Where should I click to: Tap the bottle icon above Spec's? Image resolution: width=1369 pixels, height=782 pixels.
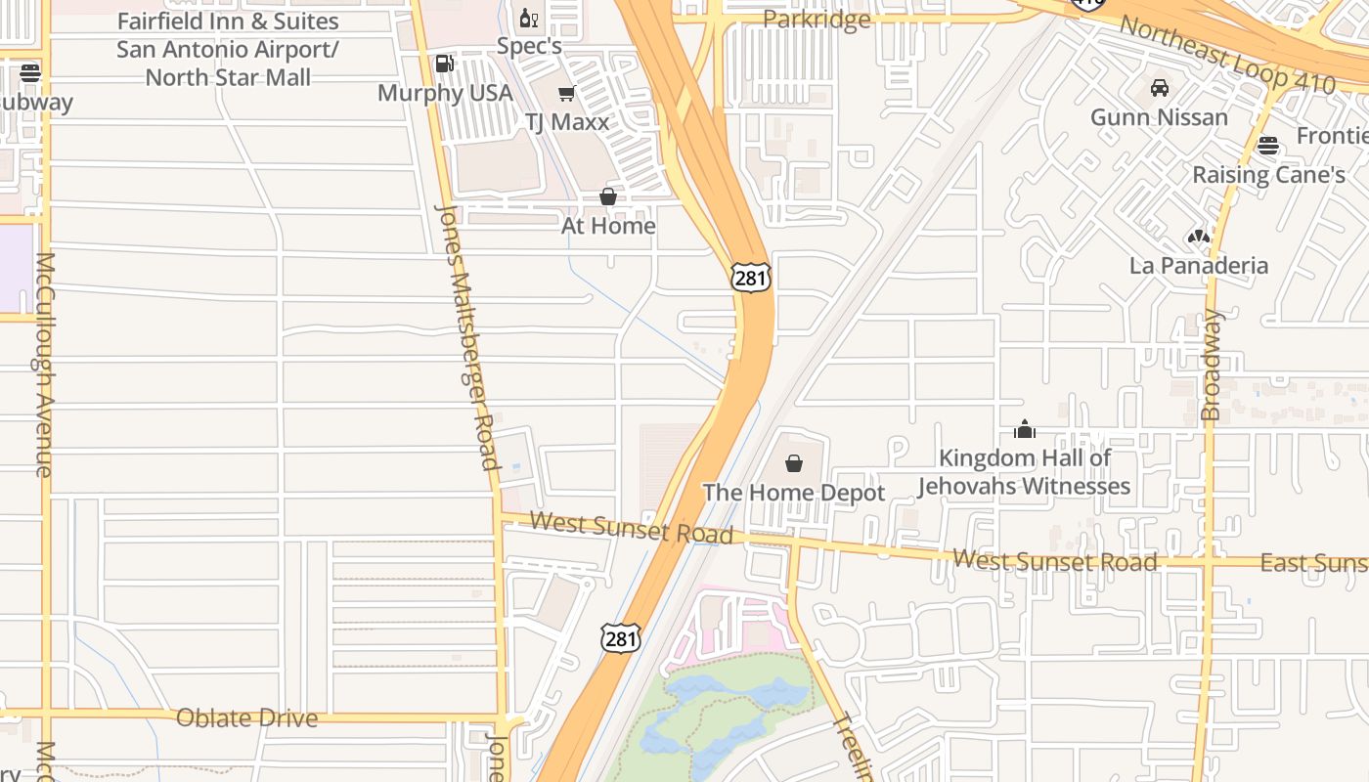pyautogui.click(x=529, y=18)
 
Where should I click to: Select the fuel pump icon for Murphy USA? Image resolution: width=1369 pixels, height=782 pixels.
pyautogui.click(x=444, y=64)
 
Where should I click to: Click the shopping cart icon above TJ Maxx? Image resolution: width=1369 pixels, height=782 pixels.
pyautogui.click(x=566, y=94)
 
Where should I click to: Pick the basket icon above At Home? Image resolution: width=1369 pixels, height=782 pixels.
pyautogui.click(x=608, y=196)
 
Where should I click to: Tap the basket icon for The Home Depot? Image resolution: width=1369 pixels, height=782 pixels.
pyautogui.click(x=794, y=463)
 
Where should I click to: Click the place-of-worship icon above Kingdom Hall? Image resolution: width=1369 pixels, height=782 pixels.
pyautogui.click(x=1025, y=429)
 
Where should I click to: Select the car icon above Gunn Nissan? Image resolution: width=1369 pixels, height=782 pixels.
pyautogui.click(x=1160, y=88)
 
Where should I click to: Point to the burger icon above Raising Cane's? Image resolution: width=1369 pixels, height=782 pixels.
pyautogui.click(x=1268, y=146)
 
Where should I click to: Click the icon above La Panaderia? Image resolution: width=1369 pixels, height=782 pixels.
pyautogui.click(x=1199, y=236)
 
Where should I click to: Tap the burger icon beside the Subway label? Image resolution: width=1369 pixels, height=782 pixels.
pyautogui.click(x=30, y=72)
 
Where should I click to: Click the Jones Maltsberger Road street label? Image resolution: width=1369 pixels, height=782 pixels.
pyautogui.click(x=467, y=337)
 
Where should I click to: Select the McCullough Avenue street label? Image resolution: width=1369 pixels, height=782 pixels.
pyautogui.click(x=45, y=365)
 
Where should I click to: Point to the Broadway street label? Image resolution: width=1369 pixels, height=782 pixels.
pyautogui.click(x=1213, y=365)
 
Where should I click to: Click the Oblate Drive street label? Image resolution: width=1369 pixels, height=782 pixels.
pyautogui.click(x=246, y=718)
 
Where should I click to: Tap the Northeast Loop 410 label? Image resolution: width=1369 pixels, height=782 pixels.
pyautogui.click(x=1227, y=55)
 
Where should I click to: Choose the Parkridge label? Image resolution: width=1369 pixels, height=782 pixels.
pyautogui.click(x=817, y=20)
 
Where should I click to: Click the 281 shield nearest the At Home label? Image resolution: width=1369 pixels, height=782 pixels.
pyautogui.click(x=750, y=278)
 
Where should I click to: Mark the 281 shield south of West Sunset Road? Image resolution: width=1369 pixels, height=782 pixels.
pyautogui.click(x=621, y=639)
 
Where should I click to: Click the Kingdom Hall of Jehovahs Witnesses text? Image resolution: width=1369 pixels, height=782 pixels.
pyautogui.click(x=1025, y=472)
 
